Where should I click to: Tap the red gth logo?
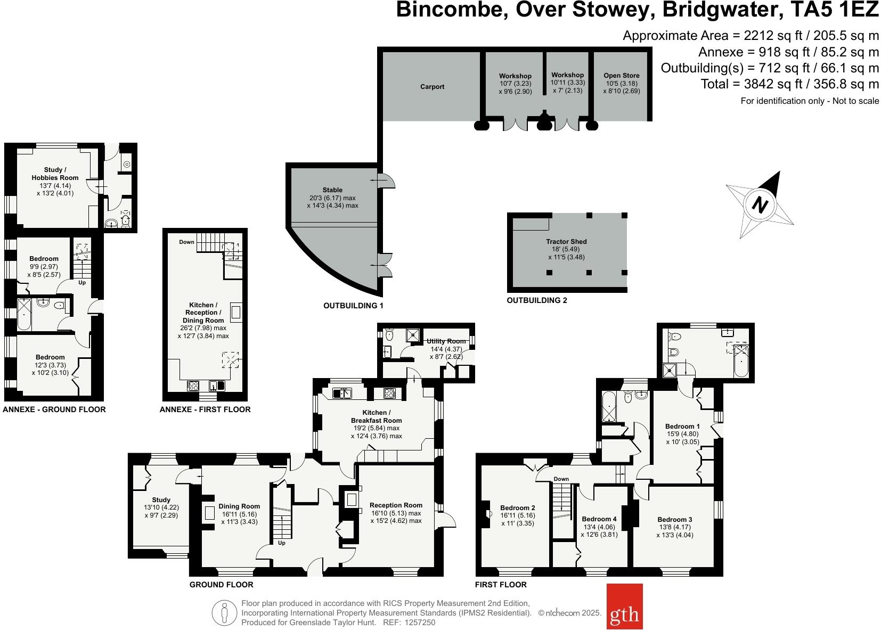click(624, 614)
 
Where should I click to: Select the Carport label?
click(432, 87)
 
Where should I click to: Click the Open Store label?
click(622, 76)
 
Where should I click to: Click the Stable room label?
click(332, 190)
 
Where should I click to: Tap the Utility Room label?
click(446, 341)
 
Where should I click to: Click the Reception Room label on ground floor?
click(396, 505)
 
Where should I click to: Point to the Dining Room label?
click(239, 506)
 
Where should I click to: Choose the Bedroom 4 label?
click(599, 519)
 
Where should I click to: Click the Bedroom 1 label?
click(682, 426)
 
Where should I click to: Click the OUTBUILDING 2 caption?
click(537, 300)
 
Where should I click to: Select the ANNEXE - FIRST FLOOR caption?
click(205, 409)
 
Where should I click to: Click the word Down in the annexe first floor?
click(186, 242)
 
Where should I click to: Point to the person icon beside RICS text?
click(224, 613)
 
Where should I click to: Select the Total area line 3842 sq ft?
click(790, 84)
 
